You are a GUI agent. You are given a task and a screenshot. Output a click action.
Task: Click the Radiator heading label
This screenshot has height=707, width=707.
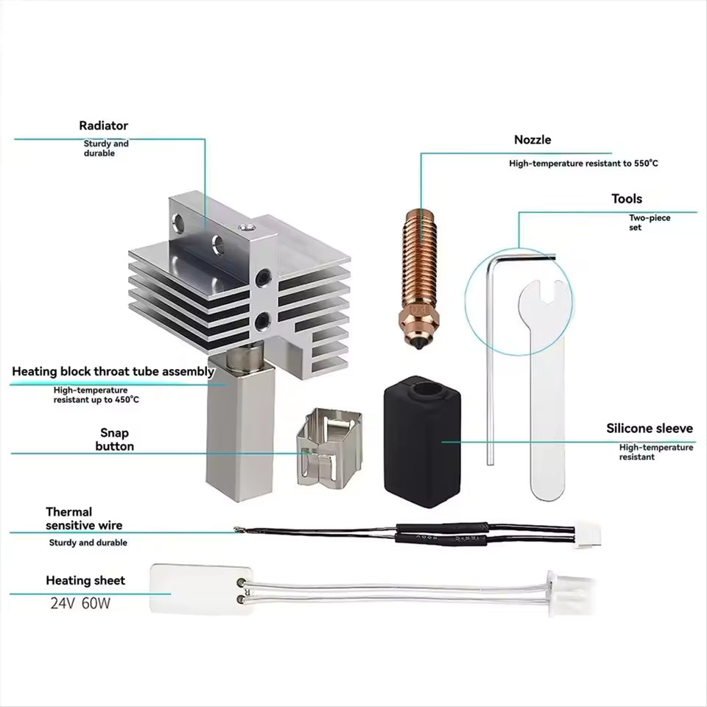click(103, 125)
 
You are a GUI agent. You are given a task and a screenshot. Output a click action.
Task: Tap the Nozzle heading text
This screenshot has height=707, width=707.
click(532, 140)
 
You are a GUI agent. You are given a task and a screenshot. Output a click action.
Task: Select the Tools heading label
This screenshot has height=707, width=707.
click(627, 199)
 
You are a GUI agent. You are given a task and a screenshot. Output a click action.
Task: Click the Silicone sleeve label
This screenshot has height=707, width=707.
click(650, 429)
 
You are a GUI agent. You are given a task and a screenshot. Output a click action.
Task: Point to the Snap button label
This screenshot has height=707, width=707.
click(115, 440)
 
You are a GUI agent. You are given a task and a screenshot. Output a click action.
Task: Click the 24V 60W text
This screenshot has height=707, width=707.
click(80, 603)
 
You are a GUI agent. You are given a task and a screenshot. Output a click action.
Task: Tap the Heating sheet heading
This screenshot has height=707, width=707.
click(85, 580)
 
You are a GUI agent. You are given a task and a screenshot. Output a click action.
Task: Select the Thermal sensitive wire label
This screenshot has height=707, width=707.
click(84, 518)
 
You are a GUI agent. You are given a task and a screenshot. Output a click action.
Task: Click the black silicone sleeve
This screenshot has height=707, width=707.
click(422, 441)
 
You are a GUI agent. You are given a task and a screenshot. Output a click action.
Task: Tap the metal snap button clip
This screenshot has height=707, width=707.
click(330, 447)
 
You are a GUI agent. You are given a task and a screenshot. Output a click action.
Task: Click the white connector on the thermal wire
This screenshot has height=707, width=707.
click(588, 535)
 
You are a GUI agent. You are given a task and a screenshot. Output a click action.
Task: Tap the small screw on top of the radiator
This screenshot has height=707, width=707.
click(246, 228)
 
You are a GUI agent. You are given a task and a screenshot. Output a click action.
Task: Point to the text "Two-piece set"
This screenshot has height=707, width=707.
click(650, 222)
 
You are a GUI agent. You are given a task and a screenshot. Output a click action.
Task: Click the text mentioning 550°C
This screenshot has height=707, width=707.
click(583, 163)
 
